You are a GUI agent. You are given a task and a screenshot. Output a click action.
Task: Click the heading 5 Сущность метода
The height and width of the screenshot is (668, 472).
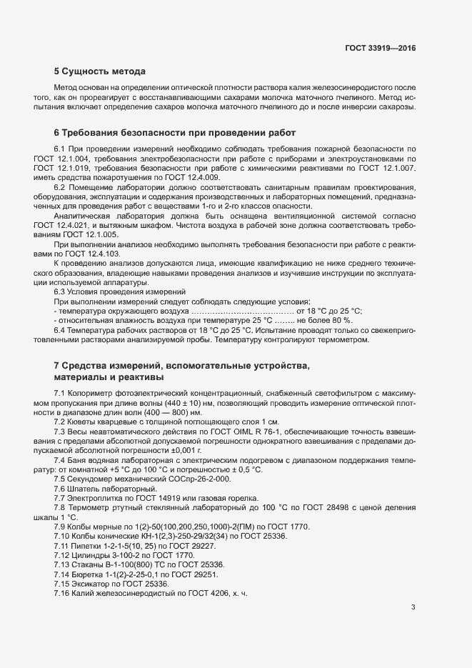99,71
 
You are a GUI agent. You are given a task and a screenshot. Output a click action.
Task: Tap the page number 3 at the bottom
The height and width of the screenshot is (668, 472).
413,607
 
